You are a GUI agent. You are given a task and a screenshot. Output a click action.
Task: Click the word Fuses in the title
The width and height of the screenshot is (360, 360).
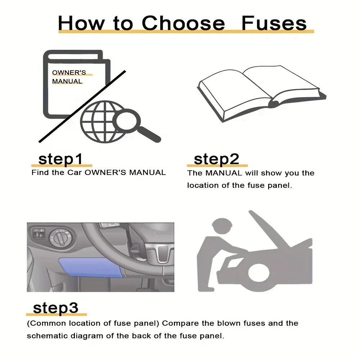[274, 23]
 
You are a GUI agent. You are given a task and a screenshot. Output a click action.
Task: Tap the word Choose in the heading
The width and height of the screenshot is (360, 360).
[183, 23]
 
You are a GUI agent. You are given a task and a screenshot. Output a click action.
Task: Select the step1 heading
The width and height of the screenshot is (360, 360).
[60, 159]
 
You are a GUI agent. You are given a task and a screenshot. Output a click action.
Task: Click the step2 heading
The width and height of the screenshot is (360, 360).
[216, 159]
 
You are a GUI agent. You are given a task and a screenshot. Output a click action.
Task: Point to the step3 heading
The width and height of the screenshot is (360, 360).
[55, 308]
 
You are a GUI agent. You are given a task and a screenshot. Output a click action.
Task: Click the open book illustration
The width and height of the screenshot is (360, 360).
[262, 93]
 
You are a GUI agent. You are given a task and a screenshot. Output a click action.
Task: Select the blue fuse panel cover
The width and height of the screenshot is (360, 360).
[92, 267]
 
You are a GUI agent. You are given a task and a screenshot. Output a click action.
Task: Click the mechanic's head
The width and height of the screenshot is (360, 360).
[222, 226]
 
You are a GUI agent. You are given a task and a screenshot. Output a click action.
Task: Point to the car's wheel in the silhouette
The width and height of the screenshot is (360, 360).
[259, 273]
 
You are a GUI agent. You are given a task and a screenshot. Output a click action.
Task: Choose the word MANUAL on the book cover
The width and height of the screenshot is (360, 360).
[67, 81]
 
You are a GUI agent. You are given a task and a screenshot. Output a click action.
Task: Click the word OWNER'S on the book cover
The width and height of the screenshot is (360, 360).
[69, 73]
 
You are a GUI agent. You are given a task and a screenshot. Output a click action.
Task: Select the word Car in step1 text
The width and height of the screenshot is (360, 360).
[75, 172]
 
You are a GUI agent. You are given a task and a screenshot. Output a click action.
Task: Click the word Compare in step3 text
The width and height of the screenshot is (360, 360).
[180, 323]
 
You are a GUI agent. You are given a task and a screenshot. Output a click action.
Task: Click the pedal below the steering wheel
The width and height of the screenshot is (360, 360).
[145, 289]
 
